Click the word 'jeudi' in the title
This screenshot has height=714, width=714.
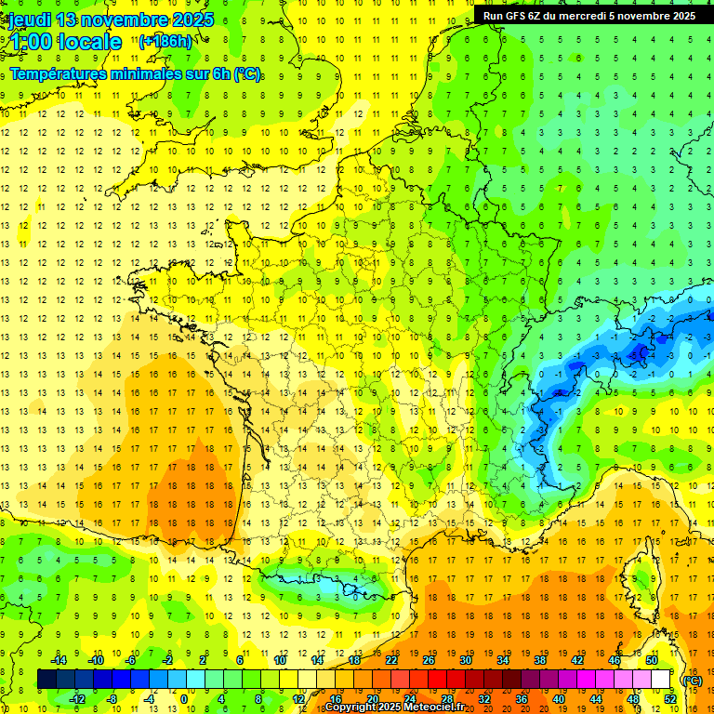30,20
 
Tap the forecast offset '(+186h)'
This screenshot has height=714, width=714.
165,41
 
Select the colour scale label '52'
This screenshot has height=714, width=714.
669,699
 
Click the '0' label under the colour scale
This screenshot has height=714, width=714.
184,699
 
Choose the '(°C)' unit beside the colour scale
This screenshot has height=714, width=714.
693,680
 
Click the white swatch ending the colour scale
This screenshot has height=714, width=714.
660,680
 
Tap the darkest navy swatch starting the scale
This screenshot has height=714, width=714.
46,680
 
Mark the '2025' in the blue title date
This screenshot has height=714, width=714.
191,20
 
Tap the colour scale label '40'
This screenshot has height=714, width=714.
559,699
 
